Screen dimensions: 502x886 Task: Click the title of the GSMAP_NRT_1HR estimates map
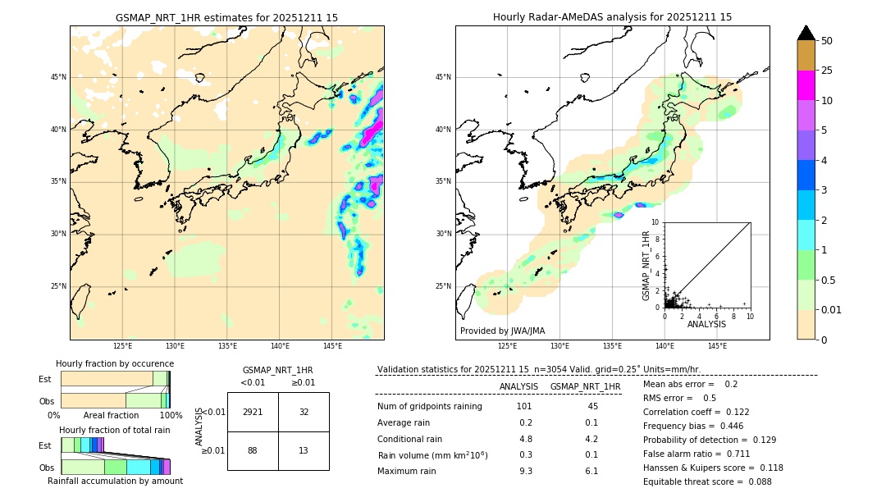coord(226,17)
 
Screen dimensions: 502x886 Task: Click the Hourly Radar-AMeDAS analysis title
coord(612,17)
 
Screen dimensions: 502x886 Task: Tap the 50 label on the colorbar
coord(827,41)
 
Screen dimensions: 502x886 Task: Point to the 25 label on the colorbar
coord(827,71)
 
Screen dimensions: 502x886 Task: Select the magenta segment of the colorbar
coord(806,85)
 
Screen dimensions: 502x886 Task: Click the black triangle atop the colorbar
coord(806,33)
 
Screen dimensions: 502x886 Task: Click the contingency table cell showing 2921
coord(253,412)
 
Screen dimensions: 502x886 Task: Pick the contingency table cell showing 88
coord(253,450)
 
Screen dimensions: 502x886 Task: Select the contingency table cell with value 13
coord(304,450)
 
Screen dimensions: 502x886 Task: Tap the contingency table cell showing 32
coord(304,412)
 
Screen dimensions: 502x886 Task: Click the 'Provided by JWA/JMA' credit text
coord(502,331)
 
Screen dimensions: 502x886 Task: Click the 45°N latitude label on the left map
coord(58,77)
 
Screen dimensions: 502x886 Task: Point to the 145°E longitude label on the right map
coord(717,346)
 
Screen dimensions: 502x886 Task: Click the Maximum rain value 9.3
coord(525,471)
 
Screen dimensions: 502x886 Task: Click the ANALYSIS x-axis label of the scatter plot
coord(706,324)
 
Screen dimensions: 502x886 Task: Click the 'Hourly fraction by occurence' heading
coord(115,363)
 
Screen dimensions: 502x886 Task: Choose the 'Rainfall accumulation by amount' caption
coord(115,481)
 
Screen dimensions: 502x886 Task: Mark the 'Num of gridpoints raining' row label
coord(429,406)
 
